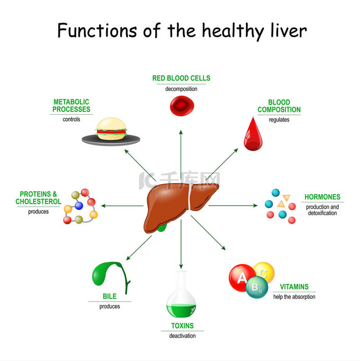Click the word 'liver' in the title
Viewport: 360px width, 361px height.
point(289,30)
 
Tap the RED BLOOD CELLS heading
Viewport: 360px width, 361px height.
point(181,78)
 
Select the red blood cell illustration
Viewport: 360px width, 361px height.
point(182,106)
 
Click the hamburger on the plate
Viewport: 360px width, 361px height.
point(111,129)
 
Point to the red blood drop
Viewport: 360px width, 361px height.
point(253,134)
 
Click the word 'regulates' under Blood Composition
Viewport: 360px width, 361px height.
point(279,120)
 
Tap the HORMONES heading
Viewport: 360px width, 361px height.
point(322,197)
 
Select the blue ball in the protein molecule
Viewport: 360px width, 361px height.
point(79,206)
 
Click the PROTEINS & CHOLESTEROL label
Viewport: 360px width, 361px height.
point(38,198)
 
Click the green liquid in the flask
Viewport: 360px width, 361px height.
point(181,311)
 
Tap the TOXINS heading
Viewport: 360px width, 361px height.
point(182,326)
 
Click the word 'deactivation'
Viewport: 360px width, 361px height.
point(182,336)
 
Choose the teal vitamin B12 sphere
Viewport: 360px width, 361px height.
point(257,287)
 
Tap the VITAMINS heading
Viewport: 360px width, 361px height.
point(294,287)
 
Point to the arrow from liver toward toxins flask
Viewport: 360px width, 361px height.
point(181,244)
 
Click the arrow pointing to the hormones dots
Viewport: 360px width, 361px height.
point(233,205)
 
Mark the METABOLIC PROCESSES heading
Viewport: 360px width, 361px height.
point(71,105)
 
